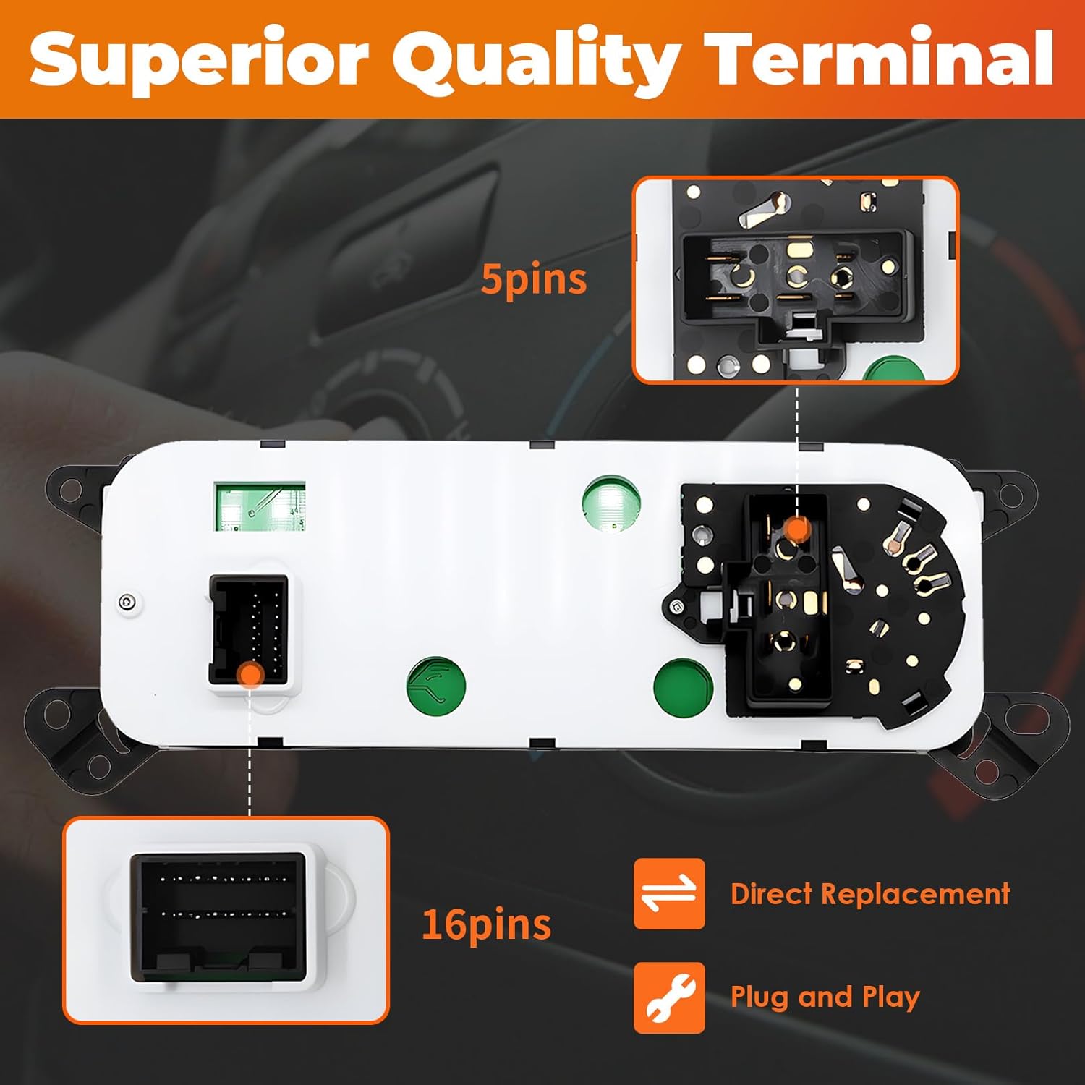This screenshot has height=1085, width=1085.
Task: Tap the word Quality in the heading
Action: click(x=536, y=62)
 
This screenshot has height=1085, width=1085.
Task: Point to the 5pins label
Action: click(x=534, y=279)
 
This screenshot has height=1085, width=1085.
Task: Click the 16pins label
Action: click(x=486, y=924)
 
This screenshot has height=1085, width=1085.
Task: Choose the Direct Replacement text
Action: click(x=870, y=894)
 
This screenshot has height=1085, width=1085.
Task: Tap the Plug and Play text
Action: click(x=825, y=997)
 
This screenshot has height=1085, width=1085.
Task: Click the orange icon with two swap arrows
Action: click(x=669, y=893)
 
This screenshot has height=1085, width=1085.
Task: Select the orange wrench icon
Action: click(x=669, y=997)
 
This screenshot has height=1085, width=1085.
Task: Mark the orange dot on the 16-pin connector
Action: click(x=250, y=674)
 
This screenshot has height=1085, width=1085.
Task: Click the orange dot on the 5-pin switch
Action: click(x=797, y=529)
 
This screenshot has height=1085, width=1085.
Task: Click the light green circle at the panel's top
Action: click(x=611, y=502)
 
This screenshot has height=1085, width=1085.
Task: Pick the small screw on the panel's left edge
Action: click(x=128, y=603)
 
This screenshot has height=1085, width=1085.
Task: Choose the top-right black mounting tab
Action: click(x=1007, y=496)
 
